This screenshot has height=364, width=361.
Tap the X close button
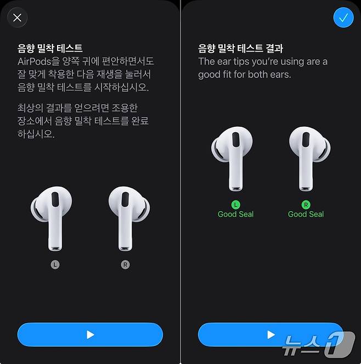[x=18, y=18]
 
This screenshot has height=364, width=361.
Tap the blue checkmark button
[x=343, y=18]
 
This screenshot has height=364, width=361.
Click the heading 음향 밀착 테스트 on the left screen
[x=50, y=48]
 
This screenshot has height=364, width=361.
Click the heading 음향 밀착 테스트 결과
[x=241, y=48]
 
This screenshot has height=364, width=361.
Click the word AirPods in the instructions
[x=34, y=61]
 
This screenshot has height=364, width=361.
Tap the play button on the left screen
[x=90, y=334]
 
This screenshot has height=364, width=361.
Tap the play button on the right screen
[x=270, y=334]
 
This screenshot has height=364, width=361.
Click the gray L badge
[x=55, y=265]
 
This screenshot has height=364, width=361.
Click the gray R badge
[x=125, y=265]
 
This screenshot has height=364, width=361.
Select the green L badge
[x=236, y=205]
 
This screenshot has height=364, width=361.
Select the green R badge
[x=306, y=205]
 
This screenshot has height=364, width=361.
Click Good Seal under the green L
[x=236, y=214]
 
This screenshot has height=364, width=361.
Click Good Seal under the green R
[x=306, y=214]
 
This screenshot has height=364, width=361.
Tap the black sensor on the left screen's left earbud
[x=55, y=199]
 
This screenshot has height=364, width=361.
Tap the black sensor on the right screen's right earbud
[x=306, y=139]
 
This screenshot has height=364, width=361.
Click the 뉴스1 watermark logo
[x=318, y=344]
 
